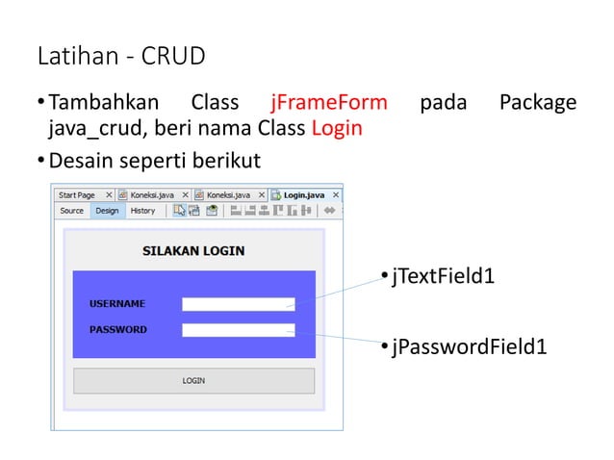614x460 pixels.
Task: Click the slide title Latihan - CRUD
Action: pos(121,57)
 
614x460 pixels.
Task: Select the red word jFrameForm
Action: pos(329,102)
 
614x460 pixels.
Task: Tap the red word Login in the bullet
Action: pos(337,128)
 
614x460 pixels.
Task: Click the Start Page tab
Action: pos(77,194)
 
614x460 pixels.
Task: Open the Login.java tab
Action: pos(302,194)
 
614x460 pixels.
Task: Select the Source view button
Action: pos(72,210)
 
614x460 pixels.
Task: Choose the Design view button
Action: pos(107,210)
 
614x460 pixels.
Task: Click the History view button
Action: pos(142,210)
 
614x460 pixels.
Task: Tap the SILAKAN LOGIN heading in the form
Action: pos(193,251)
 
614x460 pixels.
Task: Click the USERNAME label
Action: pos(117,304)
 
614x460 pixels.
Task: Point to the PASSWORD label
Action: pos(118,329)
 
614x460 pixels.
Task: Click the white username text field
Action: pos(238,304)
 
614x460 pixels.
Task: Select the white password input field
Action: pos(238,330)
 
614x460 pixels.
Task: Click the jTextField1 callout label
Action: pos(443,277)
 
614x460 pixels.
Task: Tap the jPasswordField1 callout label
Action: pos(469,346)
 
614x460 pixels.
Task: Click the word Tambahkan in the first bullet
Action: pos(103,102)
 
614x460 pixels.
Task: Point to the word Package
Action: pos(538,102)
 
